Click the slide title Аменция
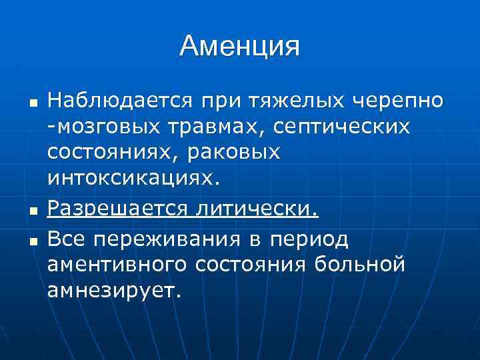[x=240, y=46]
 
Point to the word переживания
[x=172, y=238]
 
